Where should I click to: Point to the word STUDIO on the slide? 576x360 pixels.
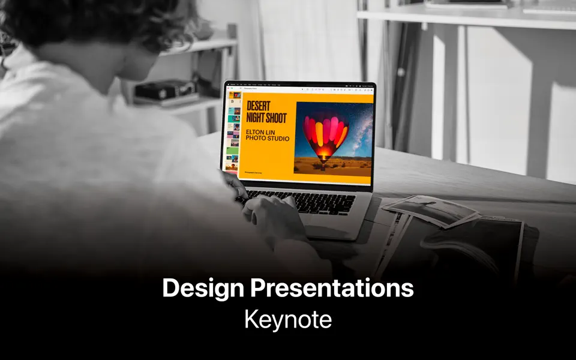[278, 139]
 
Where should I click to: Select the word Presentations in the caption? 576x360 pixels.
[332, 289]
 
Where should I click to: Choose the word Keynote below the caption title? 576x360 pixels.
[288, 319]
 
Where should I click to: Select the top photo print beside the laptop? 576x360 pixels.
[430, 209]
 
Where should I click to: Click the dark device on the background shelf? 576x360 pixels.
[157, 91]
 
